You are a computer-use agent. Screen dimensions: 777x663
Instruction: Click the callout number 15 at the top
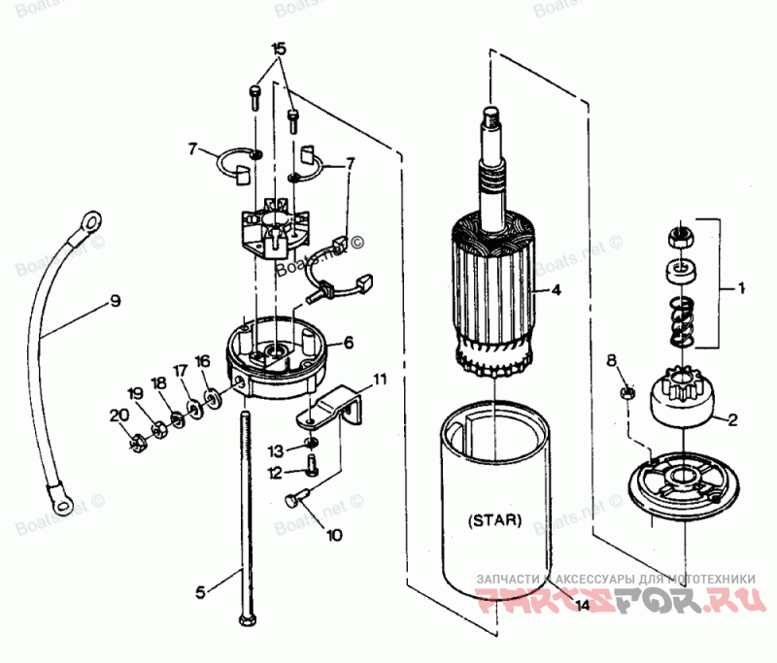[x=279, y=49]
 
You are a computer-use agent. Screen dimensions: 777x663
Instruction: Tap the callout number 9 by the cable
[x=115, y=302]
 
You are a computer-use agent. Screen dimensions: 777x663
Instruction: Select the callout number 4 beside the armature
[x=556, y=289]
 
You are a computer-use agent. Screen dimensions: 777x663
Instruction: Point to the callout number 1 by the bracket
[x=741, y=288]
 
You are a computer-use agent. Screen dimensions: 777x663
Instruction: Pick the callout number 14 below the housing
[x=581, y=606]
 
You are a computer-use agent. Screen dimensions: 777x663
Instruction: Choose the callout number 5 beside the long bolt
[x=201, y=590]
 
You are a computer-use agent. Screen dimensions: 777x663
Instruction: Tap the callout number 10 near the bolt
[x=334, y=534]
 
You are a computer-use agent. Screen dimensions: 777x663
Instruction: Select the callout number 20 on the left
[x=118, y=414]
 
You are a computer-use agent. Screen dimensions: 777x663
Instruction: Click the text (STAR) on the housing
[x=495, y=519]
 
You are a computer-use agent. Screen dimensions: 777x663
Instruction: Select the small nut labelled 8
[x=627, y=393]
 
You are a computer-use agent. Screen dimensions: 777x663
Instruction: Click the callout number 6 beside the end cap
[x=348, y=343]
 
